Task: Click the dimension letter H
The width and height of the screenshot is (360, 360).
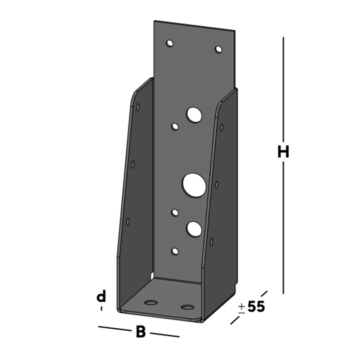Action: click(x=283, y=152)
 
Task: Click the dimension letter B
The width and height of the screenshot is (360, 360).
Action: click(x=141, y=332)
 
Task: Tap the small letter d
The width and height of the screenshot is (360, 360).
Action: click(x=101, y=296)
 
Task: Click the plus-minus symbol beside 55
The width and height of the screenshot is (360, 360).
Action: click(x=242, y=309)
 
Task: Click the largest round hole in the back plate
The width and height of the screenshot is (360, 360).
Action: click(x=194, y=185)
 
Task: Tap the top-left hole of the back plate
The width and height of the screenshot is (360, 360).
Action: click(x=170, y=43)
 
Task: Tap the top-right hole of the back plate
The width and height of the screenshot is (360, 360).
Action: click(x=219, y=49)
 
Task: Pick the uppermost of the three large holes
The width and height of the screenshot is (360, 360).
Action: click(x=194, y=114)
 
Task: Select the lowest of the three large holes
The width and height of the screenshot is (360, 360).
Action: click(x=194, y=229)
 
